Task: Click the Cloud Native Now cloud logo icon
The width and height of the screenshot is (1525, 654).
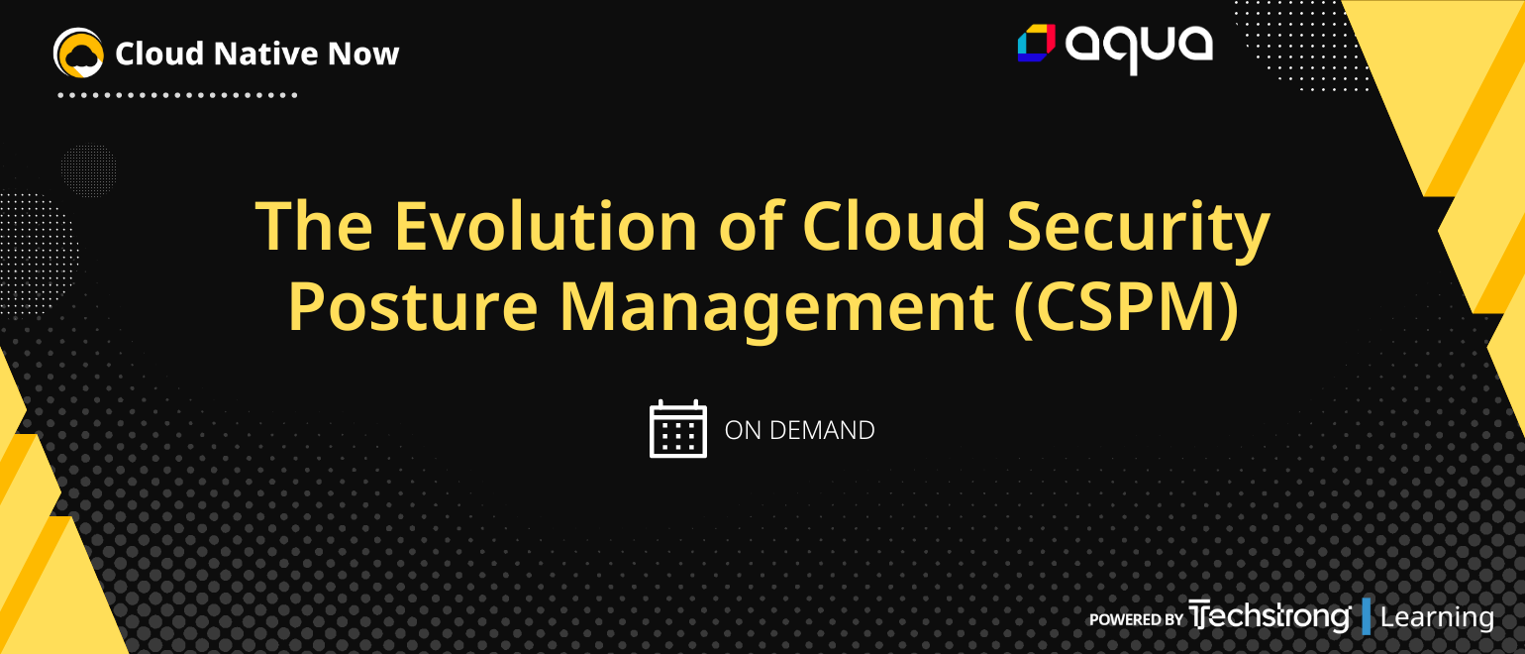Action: click(79, 53)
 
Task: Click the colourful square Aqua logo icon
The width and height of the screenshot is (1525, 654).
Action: click(1037, 43)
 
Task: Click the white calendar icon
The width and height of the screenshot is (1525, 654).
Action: click(678, 429)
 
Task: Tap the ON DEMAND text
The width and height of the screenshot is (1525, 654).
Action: click(800, 430)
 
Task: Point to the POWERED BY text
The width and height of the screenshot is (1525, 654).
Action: click(1136, 619)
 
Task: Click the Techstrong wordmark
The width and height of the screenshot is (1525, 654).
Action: click(1270, 616)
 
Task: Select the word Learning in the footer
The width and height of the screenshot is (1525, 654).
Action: click(1437, 617)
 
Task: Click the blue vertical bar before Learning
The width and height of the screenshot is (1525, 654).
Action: click(1367, 616)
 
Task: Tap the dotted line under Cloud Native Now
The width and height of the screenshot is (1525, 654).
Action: click(178, 96)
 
